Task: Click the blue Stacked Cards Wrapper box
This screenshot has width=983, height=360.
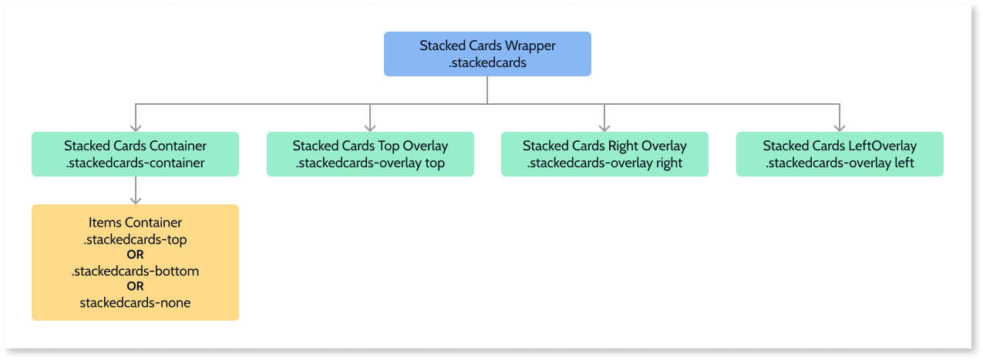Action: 487,54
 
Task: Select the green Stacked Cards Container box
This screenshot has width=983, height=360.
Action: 135,154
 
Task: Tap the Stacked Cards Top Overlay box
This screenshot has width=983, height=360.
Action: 370,154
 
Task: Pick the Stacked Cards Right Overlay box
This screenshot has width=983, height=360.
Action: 604,154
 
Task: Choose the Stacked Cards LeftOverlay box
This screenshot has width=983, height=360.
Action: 840,154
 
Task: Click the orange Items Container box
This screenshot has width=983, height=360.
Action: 135,262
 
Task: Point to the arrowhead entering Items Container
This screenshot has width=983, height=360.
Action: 136,200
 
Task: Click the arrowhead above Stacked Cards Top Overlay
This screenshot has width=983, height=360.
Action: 370,127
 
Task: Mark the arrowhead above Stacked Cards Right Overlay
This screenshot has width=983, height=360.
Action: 604,127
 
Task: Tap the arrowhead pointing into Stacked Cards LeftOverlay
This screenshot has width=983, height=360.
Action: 840,127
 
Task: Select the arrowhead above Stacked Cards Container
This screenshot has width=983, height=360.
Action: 136,127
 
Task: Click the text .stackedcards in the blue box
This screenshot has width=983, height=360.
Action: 487,62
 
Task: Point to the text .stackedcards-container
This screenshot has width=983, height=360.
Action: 135,163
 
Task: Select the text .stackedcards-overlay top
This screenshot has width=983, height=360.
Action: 370,163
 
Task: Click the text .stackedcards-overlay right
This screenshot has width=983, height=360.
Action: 604,163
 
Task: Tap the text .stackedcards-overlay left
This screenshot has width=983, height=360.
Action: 840,163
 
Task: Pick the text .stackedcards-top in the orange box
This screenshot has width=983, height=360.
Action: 135,239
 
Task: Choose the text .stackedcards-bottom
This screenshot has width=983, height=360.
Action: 135,271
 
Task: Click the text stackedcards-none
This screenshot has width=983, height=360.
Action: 135,303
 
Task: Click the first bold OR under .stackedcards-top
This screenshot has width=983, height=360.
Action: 135,254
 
